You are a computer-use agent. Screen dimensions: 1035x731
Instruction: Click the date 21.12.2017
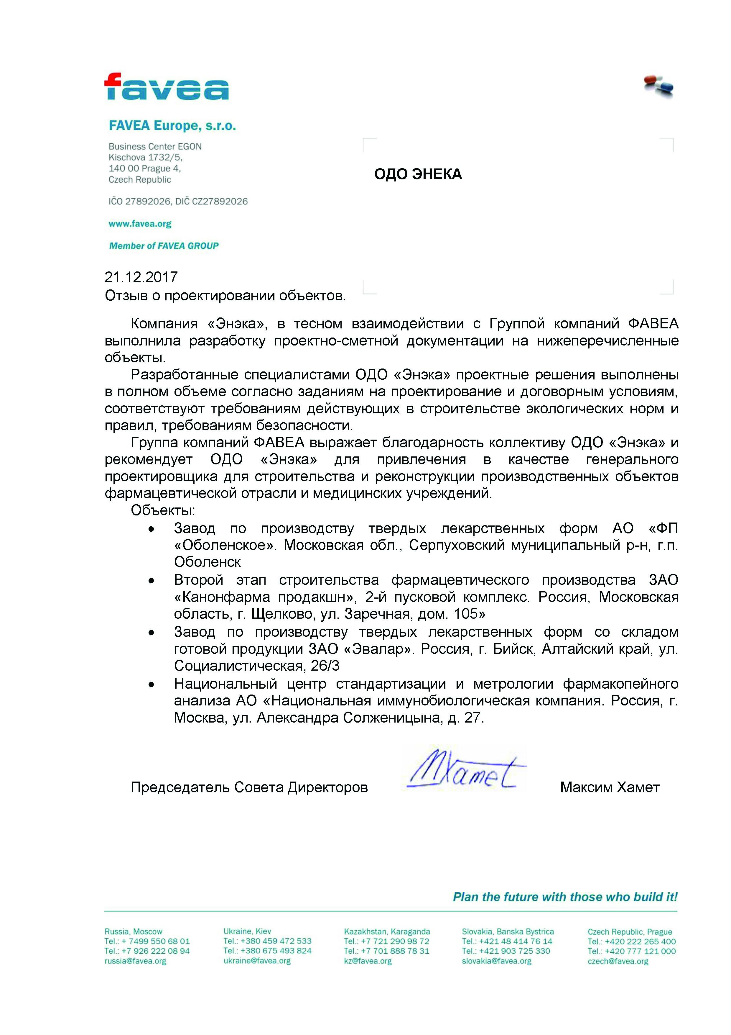141,277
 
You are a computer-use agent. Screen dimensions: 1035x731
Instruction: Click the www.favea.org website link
140,224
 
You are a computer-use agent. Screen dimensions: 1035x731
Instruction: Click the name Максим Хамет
609,787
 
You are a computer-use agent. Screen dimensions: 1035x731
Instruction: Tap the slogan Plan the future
565,897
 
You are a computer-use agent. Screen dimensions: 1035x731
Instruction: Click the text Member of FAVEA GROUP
164,246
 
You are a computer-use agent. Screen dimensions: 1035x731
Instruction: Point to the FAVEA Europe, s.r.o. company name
172,126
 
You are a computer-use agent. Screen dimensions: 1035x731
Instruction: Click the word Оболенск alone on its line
207,562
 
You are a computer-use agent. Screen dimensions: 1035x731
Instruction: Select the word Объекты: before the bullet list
163,510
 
